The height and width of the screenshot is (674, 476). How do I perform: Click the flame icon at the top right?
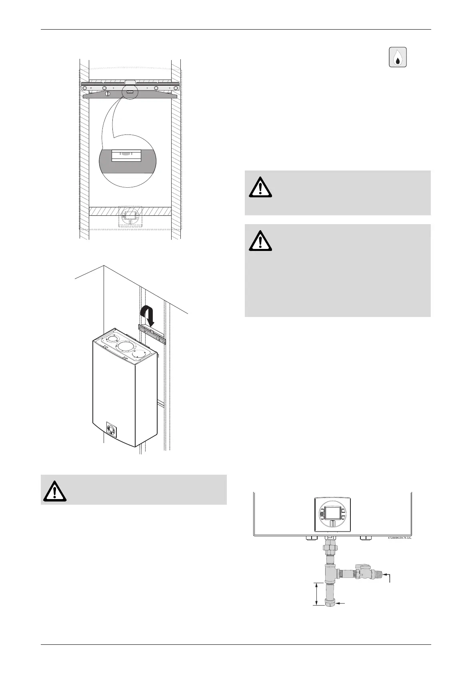[398, 57]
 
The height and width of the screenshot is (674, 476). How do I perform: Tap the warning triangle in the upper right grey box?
[260, 187]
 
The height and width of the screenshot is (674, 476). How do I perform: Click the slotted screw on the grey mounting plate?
[108, 93]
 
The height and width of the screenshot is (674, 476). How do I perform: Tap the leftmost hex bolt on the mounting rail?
[84, 88]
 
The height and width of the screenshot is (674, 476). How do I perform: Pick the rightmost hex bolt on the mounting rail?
[176, 88]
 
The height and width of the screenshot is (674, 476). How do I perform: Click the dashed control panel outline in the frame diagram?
[130, 217]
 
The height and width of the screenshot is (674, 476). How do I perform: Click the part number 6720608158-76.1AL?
[400, 538]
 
